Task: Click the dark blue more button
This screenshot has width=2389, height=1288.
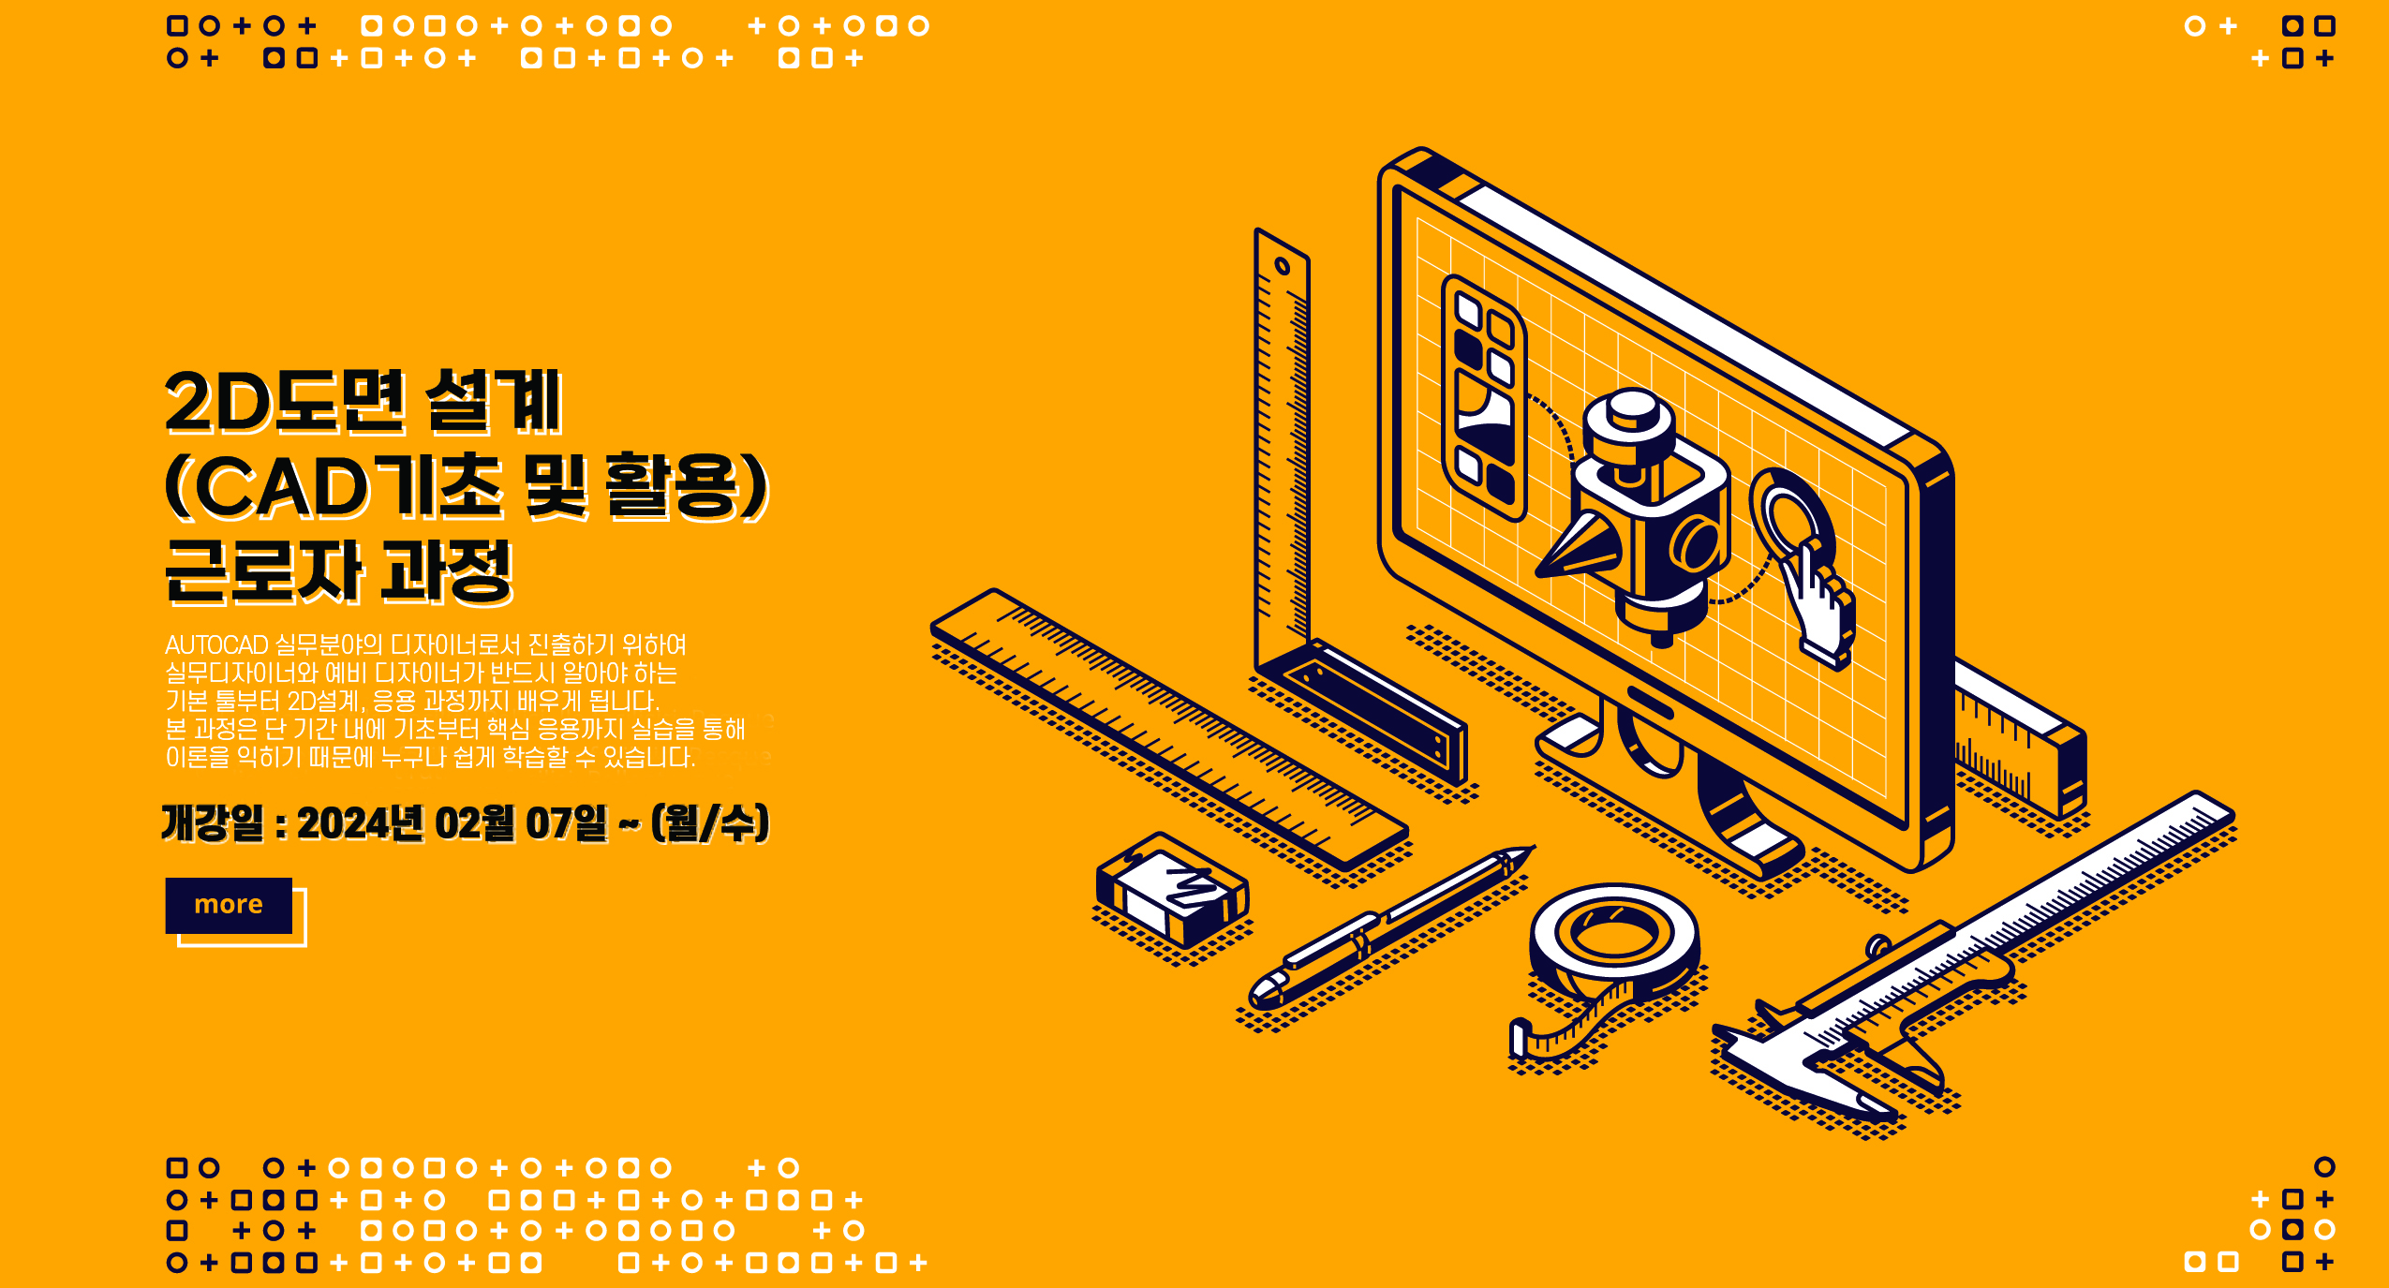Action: [x=229, y=905]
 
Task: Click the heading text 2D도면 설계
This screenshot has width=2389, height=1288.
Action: [x=364, y=402]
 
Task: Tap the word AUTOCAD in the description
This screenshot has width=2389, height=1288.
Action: [x=216, y=645]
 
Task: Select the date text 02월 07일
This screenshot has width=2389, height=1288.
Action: [x=521, y=823]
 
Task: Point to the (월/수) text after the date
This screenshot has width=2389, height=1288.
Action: [x=710, y=823]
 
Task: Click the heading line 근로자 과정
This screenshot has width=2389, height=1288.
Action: [x=339, y=570]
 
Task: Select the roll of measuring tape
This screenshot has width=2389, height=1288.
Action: [x=1613, y=941]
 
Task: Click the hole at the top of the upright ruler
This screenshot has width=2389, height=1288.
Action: [x=1283, y=266]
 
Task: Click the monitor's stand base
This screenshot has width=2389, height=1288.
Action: [x=1668, y=796]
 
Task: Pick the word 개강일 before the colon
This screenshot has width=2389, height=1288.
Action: [x=214, y=823]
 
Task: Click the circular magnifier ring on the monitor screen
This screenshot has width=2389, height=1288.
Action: [x=1791, y=515]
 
